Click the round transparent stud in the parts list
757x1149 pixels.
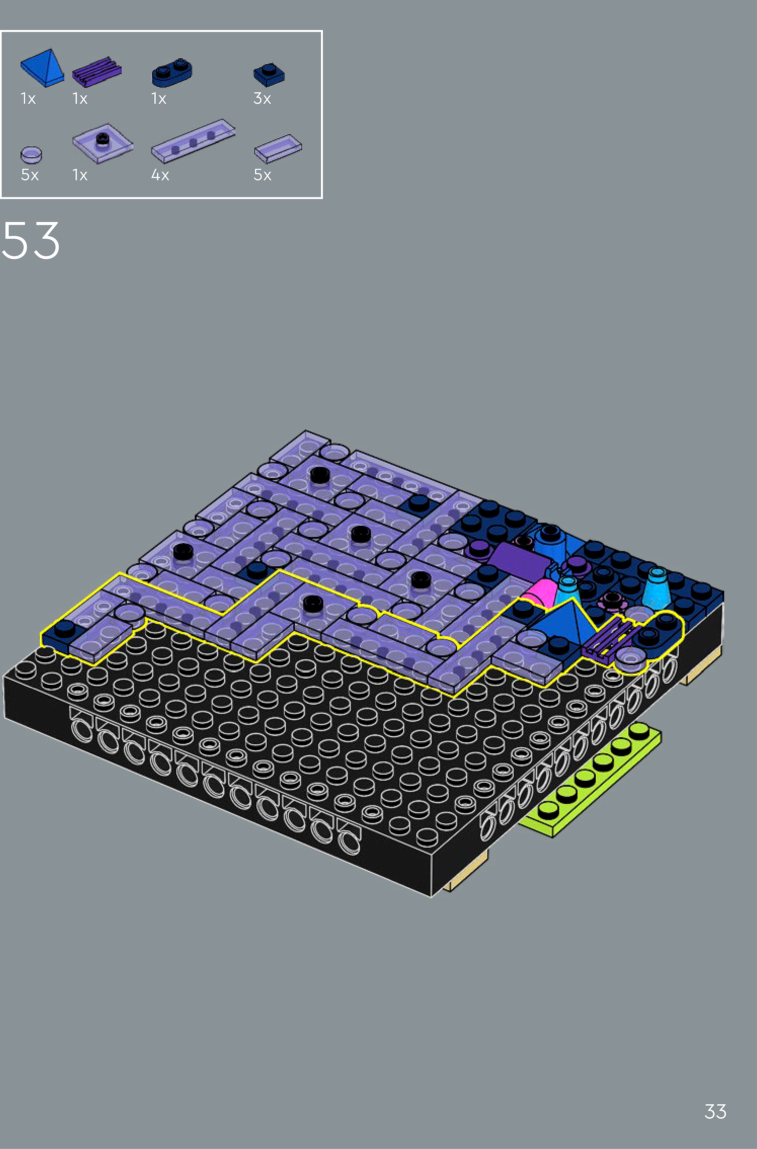pyautogui.click(x=31, y=155)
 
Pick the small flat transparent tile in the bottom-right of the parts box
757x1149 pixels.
pyautogui.click(x=278, y=148)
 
